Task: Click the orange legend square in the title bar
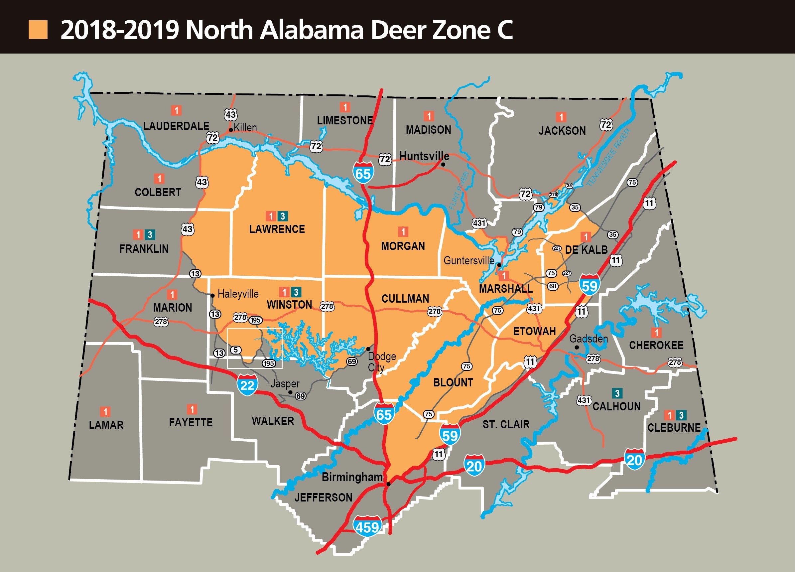(x=38, y=30)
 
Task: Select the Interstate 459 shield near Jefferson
(x=367, y=526)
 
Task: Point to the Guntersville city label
(x=469, y=260)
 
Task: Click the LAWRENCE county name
(x=277, y=229)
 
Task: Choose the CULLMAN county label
(x=405, y=299)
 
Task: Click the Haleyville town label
(x=238, y=294)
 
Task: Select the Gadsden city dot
(x=577, y=347)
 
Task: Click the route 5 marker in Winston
(x=235, y=350)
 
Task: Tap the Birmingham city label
(x=352, y=477)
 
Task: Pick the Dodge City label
(x=381, y=362)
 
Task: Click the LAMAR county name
(x=106, y=425)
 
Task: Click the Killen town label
(x=245, y=128)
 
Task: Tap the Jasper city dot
(x=290, y=392)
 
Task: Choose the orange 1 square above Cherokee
(x=656, y=332)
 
